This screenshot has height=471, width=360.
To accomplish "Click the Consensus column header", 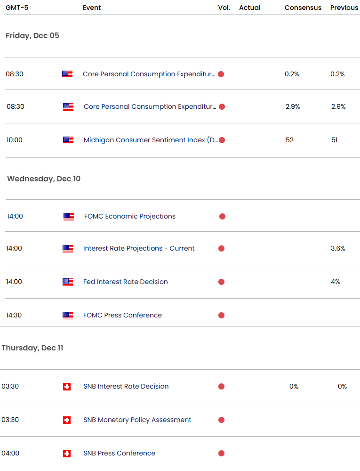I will tap(303, 8).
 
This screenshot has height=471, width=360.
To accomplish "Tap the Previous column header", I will tap(344, 8).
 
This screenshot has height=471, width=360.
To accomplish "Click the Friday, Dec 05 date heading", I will tap(32, 35).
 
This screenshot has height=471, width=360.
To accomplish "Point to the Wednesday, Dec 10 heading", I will tap(44, 179).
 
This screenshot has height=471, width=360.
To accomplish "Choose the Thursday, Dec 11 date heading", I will tap(32, 348).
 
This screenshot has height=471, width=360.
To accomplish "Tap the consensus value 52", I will tap(289, 140).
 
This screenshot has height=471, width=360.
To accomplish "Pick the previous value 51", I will tap(334, 140).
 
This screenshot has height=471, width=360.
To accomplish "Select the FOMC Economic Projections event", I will tap(130, 216).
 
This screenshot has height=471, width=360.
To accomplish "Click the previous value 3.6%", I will tap(338, 248).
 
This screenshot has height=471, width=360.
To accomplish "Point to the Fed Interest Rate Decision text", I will tap(126, 282).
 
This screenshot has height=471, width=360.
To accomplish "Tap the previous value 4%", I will tap(336, 282).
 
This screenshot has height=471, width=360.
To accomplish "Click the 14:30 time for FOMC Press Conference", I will tap(14, 315).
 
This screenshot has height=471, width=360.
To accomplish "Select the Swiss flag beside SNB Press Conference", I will tap(67, 454).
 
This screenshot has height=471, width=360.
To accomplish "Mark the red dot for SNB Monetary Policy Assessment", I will tap(221, 420).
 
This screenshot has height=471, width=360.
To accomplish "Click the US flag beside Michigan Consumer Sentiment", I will tap(68, 140).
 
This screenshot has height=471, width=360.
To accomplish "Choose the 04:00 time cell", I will tap(10, 453).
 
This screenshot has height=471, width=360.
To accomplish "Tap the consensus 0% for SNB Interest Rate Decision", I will tap(294, 386).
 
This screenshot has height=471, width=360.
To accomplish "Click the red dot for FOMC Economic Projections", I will tap(222, 217).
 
